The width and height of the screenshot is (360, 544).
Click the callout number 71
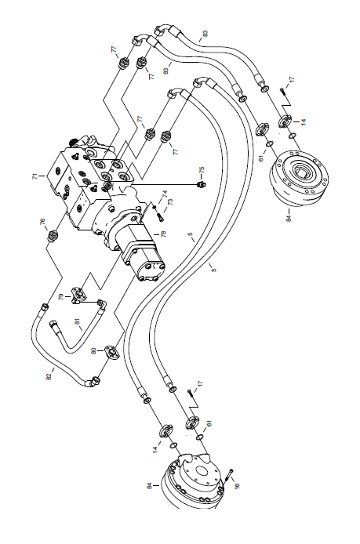tap(35, 176)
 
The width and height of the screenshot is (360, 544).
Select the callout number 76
tap(42, 222)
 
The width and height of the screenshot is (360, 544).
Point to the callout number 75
tap(202, 170)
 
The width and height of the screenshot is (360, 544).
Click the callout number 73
tap(169, 202)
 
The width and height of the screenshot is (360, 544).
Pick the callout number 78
tap(163, 234)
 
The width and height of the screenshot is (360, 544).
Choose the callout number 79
tap(61, 297)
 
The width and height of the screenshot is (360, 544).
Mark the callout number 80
tap(93, 351)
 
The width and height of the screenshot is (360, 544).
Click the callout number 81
tap(78, 321)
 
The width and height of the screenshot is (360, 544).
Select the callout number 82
tap(49, 376)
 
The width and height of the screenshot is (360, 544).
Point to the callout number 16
tap(237, 484)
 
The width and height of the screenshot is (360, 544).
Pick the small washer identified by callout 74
tap(155, 207)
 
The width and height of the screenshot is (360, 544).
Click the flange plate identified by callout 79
tap(78, 293)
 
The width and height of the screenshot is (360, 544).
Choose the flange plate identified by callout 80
tap(112, 351)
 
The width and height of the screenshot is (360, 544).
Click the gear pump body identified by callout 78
tap(143, 254)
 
